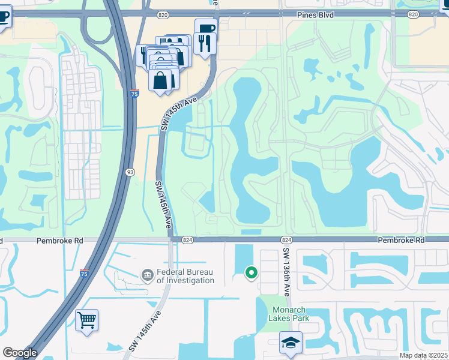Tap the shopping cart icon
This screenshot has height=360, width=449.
click(87, 320)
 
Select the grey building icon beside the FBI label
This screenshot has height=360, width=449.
click(147, 276)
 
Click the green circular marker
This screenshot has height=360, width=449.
click(252, 274)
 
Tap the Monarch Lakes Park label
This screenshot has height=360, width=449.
click(291, 314)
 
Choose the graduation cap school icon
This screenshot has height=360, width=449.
click(291, 343)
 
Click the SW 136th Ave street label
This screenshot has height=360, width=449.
click(286, 272)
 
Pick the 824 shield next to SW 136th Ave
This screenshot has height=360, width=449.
click(286, 239)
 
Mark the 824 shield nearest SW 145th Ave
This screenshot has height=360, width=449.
click(187, 239)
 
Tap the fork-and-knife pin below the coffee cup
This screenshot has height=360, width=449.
click(204, 43)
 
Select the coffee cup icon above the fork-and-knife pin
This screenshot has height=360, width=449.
click(206, 28)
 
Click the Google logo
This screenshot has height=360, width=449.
click(19, 353)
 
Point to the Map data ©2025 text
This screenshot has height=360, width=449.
click(423, 355)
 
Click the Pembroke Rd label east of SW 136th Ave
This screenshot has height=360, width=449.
click(401, 239)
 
